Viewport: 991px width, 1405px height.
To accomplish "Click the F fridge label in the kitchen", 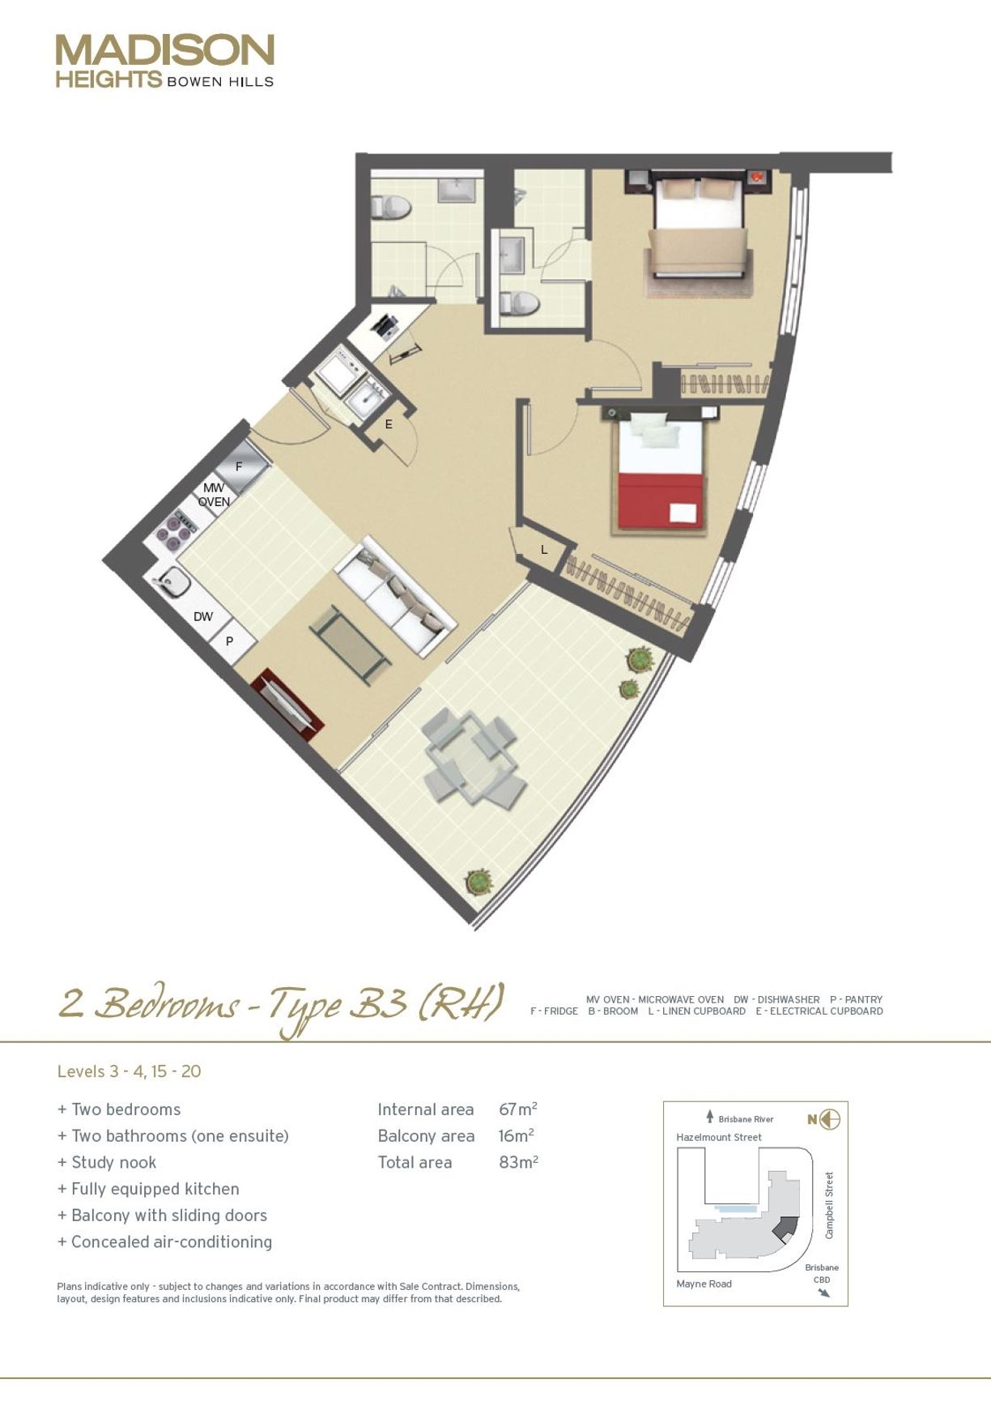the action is click(x=239, y=467).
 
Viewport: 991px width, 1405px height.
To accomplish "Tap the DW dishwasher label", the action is click(x=203, y=617).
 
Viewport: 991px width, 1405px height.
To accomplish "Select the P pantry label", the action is click(x=229, y=641).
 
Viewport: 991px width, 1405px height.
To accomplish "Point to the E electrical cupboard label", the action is click(x=389, y=424).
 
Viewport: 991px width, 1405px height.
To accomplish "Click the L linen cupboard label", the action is click(x=544, y=550).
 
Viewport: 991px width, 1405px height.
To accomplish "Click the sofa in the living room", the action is click(x=396, y=595).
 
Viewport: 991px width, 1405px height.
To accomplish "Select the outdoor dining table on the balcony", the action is click(x=472, y=756).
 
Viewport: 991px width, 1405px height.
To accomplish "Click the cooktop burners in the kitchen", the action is click(x=176, y=528).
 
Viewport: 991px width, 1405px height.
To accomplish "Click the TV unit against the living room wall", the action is click(x=287, y=704).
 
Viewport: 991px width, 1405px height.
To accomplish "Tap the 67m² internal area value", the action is click(x=518, y=1109).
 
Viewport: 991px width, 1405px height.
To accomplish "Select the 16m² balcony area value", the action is click(x=516, y=1135).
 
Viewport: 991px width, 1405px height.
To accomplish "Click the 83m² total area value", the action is click(x=519, y=1162).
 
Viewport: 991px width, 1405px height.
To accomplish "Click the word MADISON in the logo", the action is click(x=165, y=50).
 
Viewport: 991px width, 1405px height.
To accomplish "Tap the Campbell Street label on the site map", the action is click(x=829, y=1205).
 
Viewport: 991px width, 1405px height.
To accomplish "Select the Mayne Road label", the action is click(x=704, y=1284).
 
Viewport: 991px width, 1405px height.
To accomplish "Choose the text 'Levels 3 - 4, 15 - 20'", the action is click(x=129, y=1071).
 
